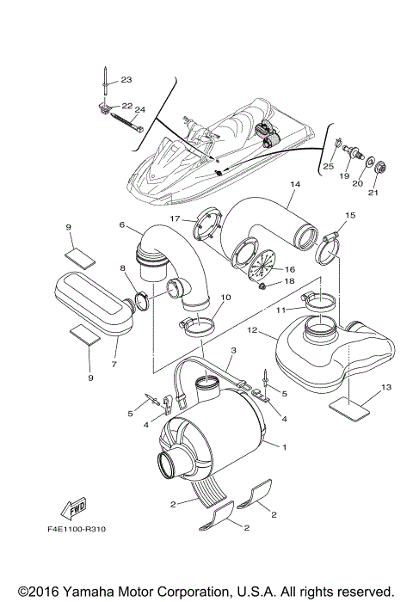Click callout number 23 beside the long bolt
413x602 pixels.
pyautogui.click(x=126, y=80)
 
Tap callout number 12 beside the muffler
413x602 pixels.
pyautogui.click(x=252, y=329)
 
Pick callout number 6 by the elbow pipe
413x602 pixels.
pyautogui.click(x=123, y=225)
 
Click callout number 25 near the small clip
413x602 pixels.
pyautogui.click(x=328, y=165)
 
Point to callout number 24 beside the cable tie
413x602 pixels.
pyautogui.click(x=139, y=110)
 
